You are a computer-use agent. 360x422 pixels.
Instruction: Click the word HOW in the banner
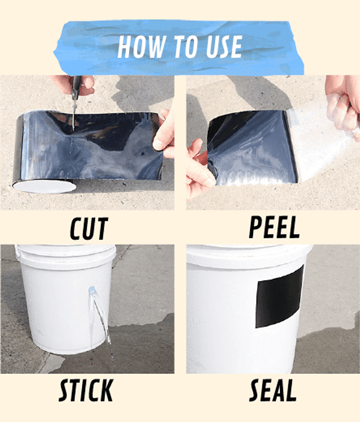142,47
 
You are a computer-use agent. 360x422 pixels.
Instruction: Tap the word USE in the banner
225,47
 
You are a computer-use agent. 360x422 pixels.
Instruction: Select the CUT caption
89,228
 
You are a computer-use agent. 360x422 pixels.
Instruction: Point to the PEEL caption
274,227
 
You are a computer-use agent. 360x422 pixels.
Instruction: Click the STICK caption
86,390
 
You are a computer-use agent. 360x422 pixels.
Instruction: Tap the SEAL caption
273,390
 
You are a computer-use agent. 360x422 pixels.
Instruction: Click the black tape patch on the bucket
279,298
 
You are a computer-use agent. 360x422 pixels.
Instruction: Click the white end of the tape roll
44,186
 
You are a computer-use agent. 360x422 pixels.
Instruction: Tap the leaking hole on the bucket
91,290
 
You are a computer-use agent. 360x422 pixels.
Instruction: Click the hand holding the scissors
73,85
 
